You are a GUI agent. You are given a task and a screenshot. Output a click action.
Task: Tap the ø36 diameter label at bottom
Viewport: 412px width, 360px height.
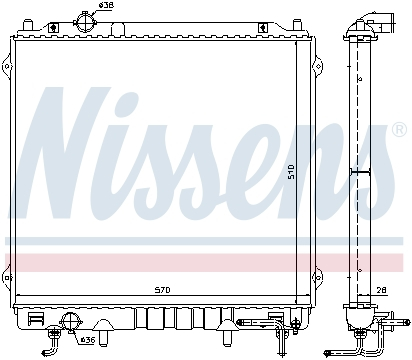(88, 340)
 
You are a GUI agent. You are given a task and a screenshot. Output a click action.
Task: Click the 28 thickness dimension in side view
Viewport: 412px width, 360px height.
(380, 291)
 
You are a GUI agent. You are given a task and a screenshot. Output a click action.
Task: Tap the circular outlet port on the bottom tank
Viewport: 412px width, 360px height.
(71, 321)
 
